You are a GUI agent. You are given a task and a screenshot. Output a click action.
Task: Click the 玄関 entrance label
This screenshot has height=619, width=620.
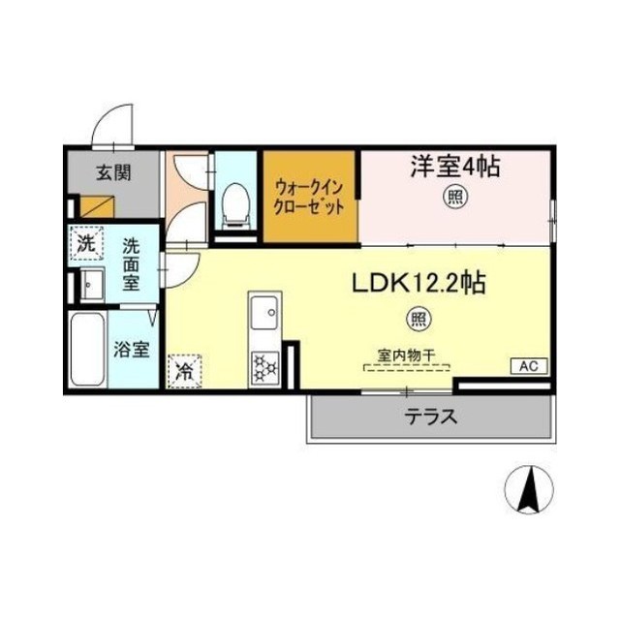[x=114, y=172]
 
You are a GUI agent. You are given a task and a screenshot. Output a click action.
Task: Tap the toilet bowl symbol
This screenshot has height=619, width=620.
[x=235, y=205]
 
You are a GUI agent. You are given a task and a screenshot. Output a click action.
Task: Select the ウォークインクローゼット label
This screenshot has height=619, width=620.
[x=309, y=197]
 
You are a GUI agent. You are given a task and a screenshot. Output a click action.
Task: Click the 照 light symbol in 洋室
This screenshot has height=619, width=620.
[x=455, y=197]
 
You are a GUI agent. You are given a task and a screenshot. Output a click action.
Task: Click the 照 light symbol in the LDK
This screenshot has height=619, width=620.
[x=418, y=319]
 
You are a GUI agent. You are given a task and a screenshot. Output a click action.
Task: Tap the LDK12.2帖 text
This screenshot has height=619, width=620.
[x=418, y=283]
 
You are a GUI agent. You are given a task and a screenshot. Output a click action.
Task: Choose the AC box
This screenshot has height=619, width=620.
[x=529, y=366]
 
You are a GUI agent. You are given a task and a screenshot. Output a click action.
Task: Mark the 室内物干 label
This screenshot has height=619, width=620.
[x=407, y=356]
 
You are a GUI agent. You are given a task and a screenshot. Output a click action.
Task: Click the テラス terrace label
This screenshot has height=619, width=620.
[x=430, y=417]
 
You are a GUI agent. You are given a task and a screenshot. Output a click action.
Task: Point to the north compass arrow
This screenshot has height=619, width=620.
[x=530, y=490]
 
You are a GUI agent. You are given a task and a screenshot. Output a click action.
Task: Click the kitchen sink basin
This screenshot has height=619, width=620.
[x=264, y=313]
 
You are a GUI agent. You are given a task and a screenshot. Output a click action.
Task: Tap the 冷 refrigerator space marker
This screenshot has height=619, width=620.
[x=184, y=371]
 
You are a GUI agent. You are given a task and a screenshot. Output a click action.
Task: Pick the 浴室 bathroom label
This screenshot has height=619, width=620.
[x=132, y=350]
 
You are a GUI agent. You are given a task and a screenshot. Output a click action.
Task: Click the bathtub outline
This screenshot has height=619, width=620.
[x=88, y=349]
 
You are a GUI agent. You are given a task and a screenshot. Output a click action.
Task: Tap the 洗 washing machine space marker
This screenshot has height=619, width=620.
[x=86, y=243]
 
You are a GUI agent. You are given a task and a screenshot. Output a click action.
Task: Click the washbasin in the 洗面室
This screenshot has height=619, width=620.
[x=93, y=284]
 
